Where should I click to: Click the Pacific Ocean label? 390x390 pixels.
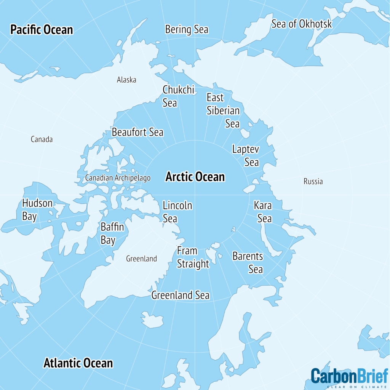click(x=42, y=30)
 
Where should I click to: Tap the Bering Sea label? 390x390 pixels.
click(x=187, y=29)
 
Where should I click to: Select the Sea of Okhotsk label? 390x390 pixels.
click(x=302, y=24)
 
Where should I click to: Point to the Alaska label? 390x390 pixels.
click(x=126, y=80)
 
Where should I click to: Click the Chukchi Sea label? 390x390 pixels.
click(x=178, y=96)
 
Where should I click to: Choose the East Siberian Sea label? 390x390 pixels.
click(x=223, y=110)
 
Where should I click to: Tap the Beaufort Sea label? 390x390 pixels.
click(x=137, y=132)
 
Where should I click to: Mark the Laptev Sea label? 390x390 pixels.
click(x=246, y=155)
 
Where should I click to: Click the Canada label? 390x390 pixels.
click(x=42, y=139)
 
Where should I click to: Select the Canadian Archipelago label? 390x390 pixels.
click(x=118, y=178)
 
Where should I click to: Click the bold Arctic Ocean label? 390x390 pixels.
click(x=195, y=177)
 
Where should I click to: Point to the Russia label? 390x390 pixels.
click(x=313, y=181)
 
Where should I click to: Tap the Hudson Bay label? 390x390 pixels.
click(x=37, y=209)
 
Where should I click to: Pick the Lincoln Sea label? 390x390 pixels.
click(x=177, y=212)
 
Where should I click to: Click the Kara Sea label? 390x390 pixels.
click(x=263, y=212)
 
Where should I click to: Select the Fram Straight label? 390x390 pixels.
click(x=193, y=257)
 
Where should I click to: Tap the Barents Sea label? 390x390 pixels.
click(x=248, y=262)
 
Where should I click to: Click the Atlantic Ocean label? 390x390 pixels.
click(x=78, y=363)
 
